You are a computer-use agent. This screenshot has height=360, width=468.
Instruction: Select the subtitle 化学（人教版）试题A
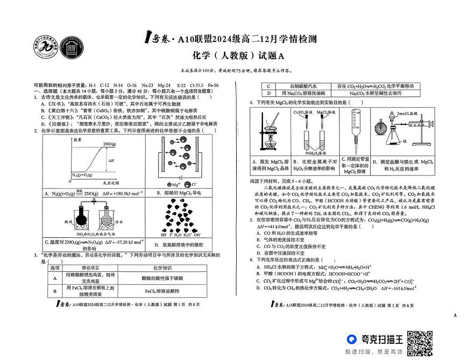point(233,56)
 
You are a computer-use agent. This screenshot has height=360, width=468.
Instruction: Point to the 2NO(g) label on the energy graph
point(110,144)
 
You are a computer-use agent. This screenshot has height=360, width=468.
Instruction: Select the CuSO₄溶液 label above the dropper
point(302,112)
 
